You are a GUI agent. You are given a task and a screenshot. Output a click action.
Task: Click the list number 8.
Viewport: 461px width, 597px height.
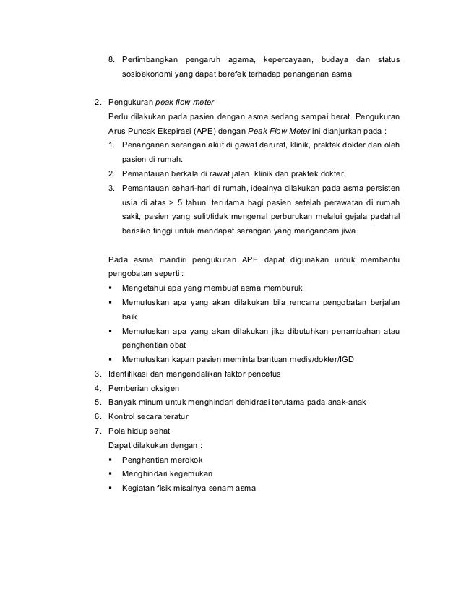point(111,58)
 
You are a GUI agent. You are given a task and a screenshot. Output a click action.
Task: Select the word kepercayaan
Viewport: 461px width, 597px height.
point(288,58)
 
